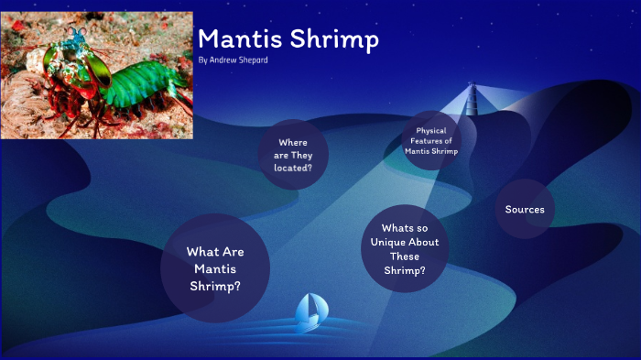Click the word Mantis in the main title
(240, 39)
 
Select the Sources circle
(525, 210)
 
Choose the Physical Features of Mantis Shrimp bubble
(430, 140)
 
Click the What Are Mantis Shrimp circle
(215, 268)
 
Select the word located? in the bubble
(293, 169)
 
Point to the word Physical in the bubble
(430, 130)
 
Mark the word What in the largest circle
(201, 251)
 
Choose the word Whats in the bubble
(397, 228)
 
